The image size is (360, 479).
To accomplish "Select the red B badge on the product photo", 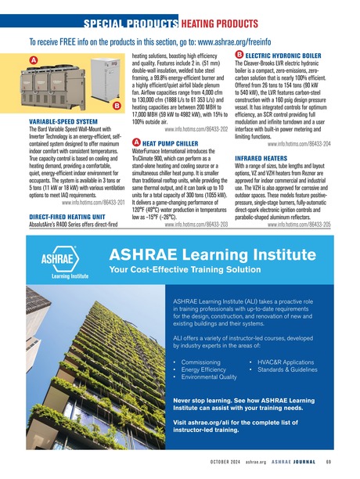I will point(116,105).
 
